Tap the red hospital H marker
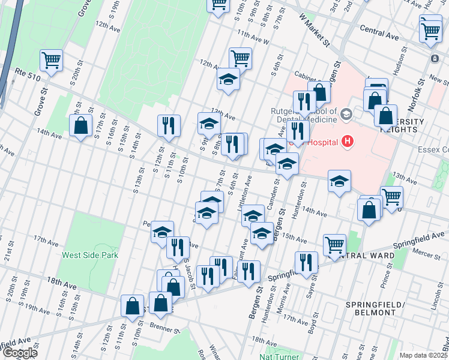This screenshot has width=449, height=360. tap(346, 142)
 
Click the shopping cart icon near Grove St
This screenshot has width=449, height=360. tap(52, 60)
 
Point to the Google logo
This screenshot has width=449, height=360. tap(19, 353)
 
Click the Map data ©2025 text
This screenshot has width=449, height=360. tap(423, 355)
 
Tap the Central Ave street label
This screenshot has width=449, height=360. tap(379, 29)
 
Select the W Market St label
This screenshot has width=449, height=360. tap(314, 32)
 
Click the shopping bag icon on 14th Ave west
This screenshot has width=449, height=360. tap(80, 125)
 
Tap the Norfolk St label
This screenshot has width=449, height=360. tap(412, 98)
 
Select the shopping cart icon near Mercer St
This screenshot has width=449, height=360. tap(334, 244)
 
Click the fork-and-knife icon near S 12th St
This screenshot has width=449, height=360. tap(169, 125)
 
